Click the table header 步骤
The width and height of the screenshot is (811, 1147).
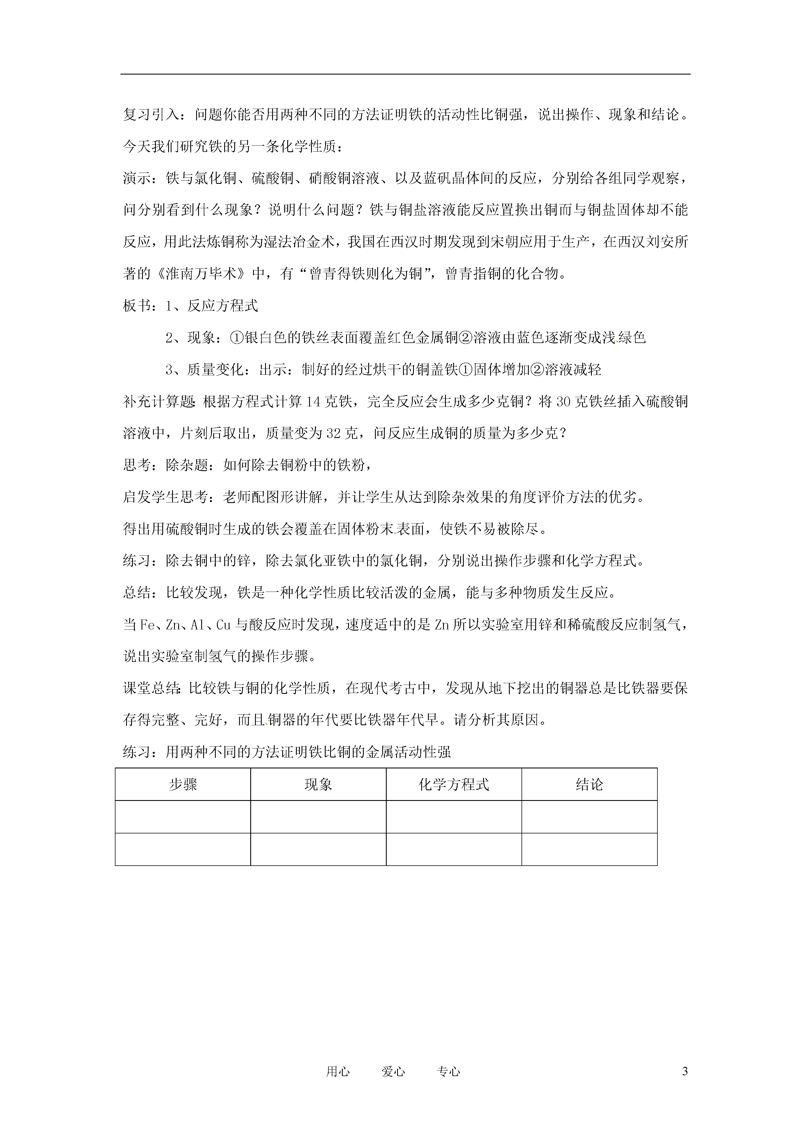coord(183,784)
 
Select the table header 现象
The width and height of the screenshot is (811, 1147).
coord(318,784)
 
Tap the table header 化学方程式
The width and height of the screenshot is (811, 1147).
coord(454,784)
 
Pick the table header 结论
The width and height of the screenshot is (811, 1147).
coord(589,784)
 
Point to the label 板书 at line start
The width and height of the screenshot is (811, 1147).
coord(137,306)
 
